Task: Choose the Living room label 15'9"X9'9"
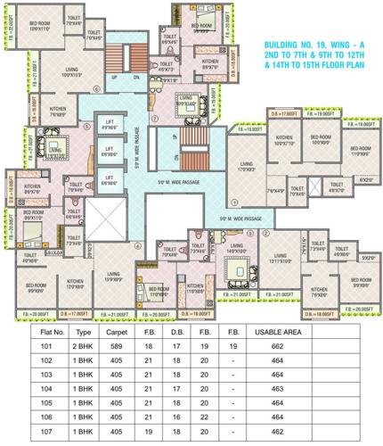pos(112,277)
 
